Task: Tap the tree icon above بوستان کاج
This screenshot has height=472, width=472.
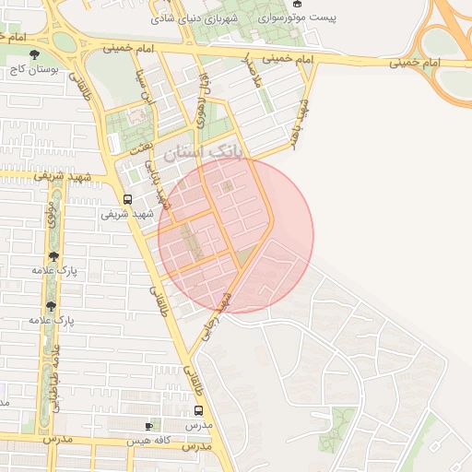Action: [36, 55]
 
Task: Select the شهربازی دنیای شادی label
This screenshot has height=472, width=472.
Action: [183, 18]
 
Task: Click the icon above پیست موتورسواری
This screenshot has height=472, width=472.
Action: [297, 4]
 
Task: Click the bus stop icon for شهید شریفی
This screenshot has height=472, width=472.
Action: [127, 198]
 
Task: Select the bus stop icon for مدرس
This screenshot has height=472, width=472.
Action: [199, 410]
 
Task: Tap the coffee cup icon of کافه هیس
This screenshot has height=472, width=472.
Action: [150, 426]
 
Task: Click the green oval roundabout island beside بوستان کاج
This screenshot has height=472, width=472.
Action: [65, 42]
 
